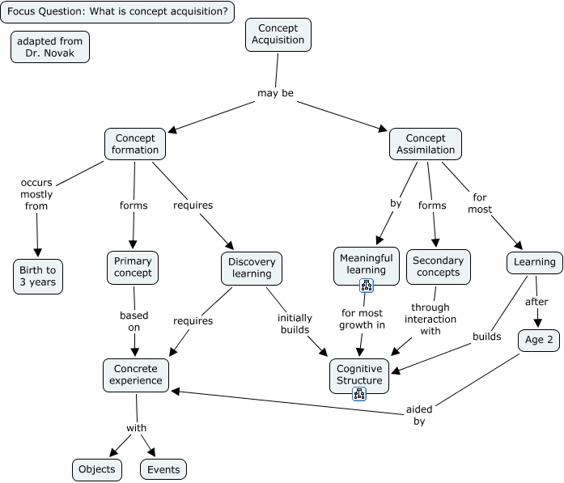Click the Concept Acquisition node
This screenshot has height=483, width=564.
pos(278,34)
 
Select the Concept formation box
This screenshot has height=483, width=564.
pos(135,144)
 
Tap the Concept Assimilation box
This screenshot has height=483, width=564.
pos(425,144)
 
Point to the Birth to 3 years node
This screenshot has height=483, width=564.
pos(37,277)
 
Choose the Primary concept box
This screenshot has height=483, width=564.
pos(133,268)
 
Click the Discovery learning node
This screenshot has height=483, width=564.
pos(252,268)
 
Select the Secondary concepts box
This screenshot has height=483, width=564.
pos(438,266)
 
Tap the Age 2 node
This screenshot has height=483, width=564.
pos(539,341)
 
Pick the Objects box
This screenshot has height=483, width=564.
pos(97,469)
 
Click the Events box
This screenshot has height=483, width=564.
pos(163,469)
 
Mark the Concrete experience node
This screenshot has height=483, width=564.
pos(136,374)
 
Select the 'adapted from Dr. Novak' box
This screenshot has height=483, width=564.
pos(49,47)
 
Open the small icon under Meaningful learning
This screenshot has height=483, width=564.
pos(366,285)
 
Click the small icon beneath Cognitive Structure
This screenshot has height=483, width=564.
pos(359,394)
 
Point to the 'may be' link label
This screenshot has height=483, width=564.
pos(275,93)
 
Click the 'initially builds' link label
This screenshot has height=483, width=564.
pos(295,324)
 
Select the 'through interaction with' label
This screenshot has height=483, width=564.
pos(430,319)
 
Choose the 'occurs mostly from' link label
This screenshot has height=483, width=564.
pos(36,194)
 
